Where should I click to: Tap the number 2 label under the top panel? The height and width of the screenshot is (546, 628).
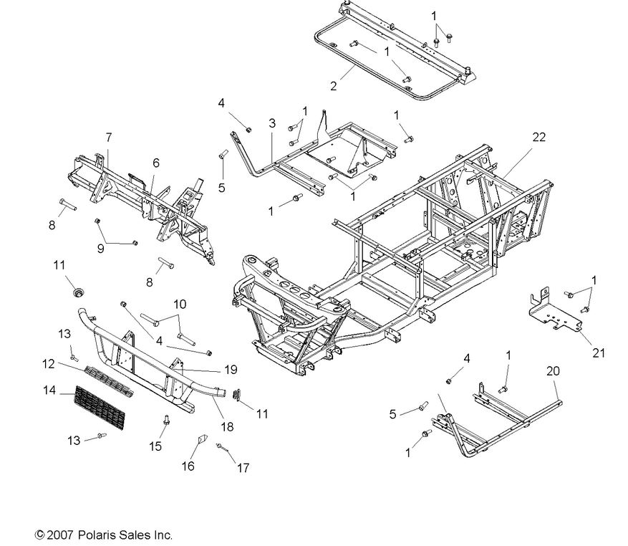point(333,87)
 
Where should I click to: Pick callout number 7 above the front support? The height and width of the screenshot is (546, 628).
point(108,136)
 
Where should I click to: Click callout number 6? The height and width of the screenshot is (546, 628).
point(155,163)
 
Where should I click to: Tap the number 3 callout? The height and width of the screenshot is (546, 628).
point(271,124)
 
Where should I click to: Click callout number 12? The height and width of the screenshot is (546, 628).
point(49,364)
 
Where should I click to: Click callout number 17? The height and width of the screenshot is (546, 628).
point(243,469)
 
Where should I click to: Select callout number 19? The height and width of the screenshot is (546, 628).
point(230,370)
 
